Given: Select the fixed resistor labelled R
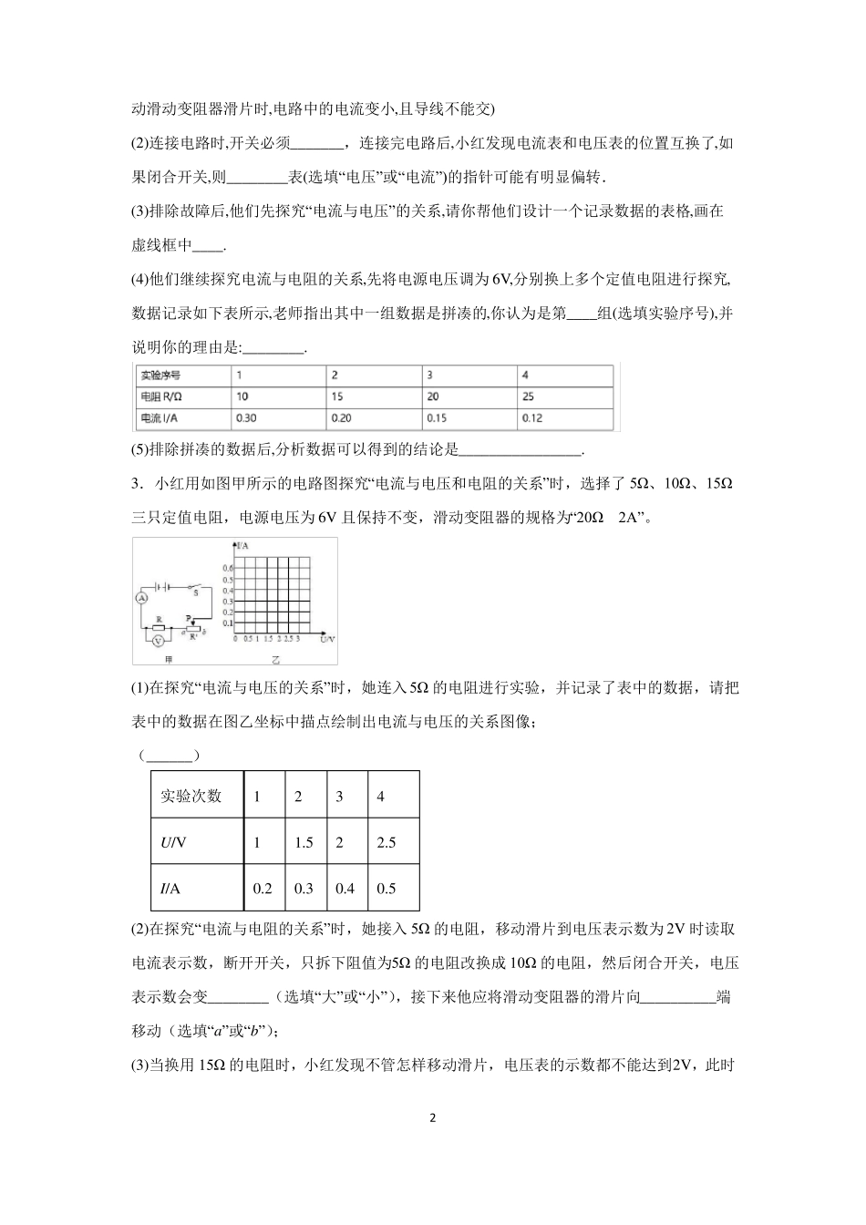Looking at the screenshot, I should (159, 627).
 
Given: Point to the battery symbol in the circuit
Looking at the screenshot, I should (162, 587).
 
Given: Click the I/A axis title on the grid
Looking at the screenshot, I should (242, 546).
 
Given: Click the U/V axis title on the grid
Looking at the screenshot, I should (328, 639).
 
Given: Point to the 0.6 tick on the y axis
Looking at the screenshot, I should (227, 568).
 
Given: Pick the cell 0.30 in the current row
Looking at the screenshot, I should (244, 418).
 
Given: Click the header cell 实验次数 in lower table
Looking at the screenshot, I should (191, 795).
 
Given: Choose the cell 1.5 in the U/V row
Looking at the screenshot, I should (304, 842).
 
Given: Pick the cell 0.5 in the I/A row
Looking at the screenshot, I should (387, 889).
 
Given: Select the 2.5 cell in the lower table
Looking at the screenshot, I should (387, 842).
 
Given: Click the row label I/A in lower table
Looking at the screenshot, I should (172, 889).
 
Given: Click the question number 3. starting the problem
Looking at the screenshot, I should (137, 483).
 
